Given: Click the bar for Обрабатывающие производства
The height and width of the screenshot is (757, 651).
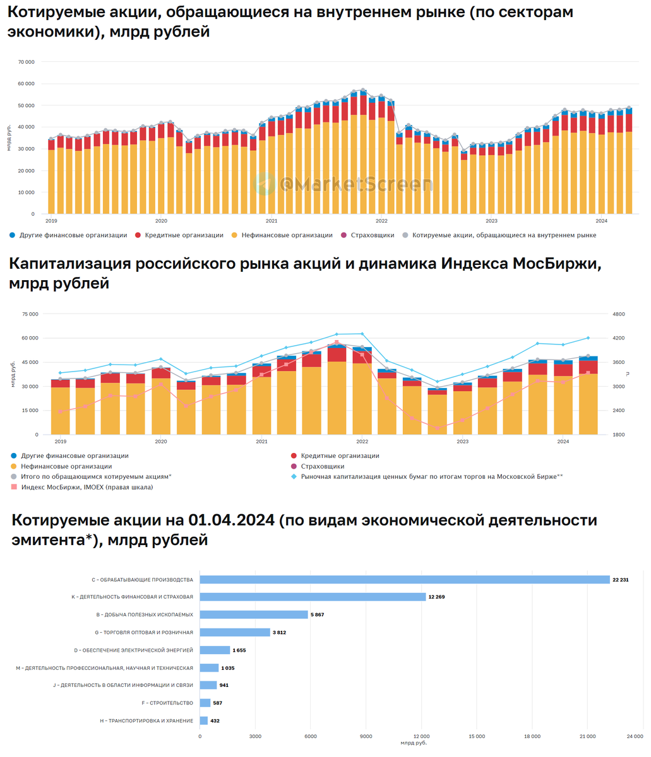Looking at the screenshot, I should pos(404,579).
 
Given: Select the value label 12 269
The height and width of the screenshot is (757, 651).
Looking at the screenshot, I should pos(436,597).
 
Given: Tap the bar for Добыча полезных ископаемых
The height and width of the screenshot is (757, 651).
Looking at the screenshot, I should pos(254,614).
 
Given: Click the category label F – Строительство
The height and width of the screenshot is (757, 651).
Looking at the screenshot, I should pos(168,703).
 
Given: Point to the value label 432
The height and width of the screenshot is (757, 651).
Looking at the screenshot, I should pos(215,720).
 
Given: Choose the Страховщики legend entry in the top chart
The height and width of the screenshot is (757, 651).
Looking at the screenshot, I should pos(373,235).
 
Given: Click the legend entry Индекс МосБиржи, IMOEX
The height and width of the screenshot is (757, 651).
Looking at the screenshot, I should pos(87,487).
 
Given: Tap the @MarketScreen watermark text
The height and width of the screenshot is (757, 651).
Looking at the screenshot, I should pos(357,184).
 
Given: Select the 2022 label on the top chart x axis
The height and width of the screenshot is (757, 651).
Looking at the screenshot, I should pos(381,221).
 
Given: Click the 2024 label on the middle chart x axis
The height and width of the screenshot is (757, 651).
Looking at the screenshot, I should pos(563,442).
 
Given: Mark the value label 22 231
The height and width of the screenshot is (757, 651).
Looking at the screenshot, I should pos(621,579).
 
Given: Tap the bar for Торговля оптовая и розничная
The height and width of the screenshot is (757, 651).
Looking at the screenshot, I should pos(235,632).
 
